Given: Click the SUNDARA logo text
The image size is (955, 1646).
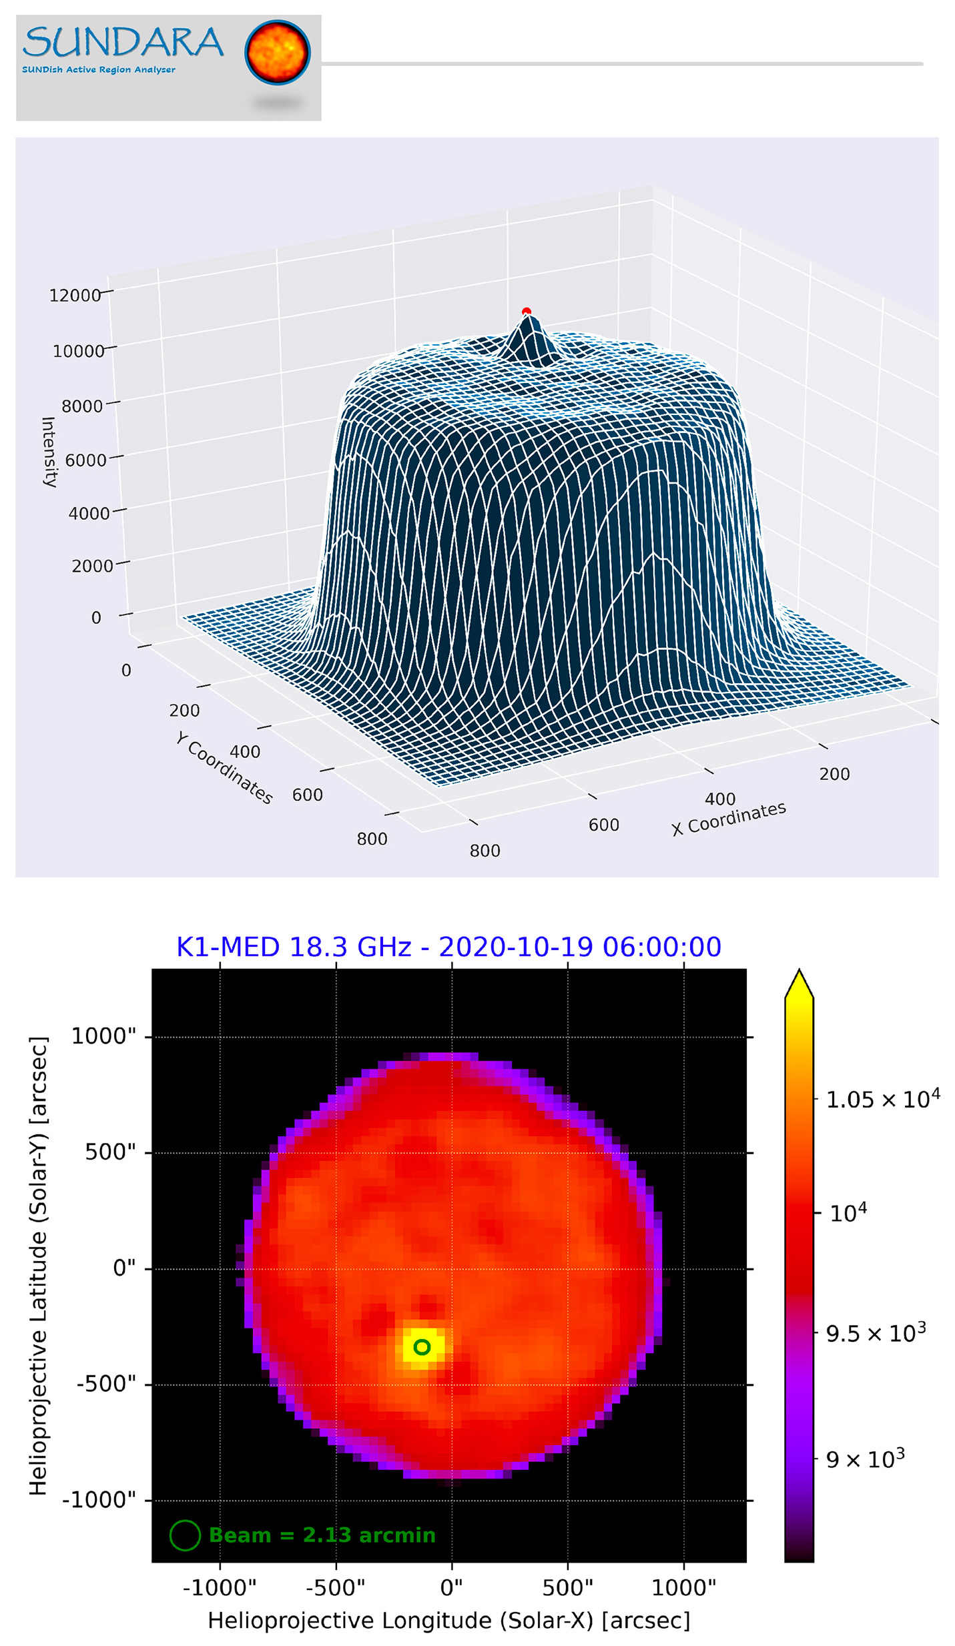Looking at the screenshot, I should coord(123,43).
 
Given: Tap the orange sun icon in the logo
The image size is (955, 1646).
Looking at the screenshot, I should coord(277,53).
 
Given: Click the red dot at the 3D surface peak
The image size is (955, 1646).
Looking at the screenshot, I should coord(526,312).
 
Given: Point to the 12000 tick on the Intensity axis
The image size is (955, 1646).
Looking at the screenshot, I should coord(75,296).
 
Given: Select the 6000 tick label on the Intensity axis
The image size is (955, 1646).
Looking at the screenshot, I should coord(85,460).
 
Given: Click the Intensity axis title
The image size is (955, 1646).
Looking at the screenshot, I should coord(49,452).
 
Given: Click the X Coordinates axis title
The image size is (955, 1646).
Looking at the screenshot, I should coord(728,818).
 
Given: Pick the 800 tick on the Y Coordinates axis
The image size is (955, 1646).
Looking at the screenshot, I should coord(372,839).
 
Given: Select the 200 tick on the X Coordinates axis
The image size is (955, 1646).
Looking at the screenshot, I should coord(834,774).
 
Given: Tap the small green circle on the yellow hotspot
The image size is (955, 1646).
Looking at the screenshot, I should coord(421,1347).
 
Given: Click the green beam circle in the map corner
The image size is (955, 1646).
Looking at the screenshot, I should coord(185,1535).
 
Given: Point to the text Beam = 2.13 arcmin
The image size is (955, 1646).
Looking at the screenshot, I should coord(322,1535).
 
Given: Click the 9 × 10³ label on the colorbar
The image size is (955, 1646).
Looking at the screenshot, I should coord(865,1459).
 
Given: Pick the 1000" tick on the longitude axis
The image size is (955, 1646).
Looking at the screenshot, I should coord(683,1587).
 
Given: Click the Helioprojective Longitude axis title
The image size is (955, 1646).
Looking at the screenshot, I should coord(448,1620).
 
